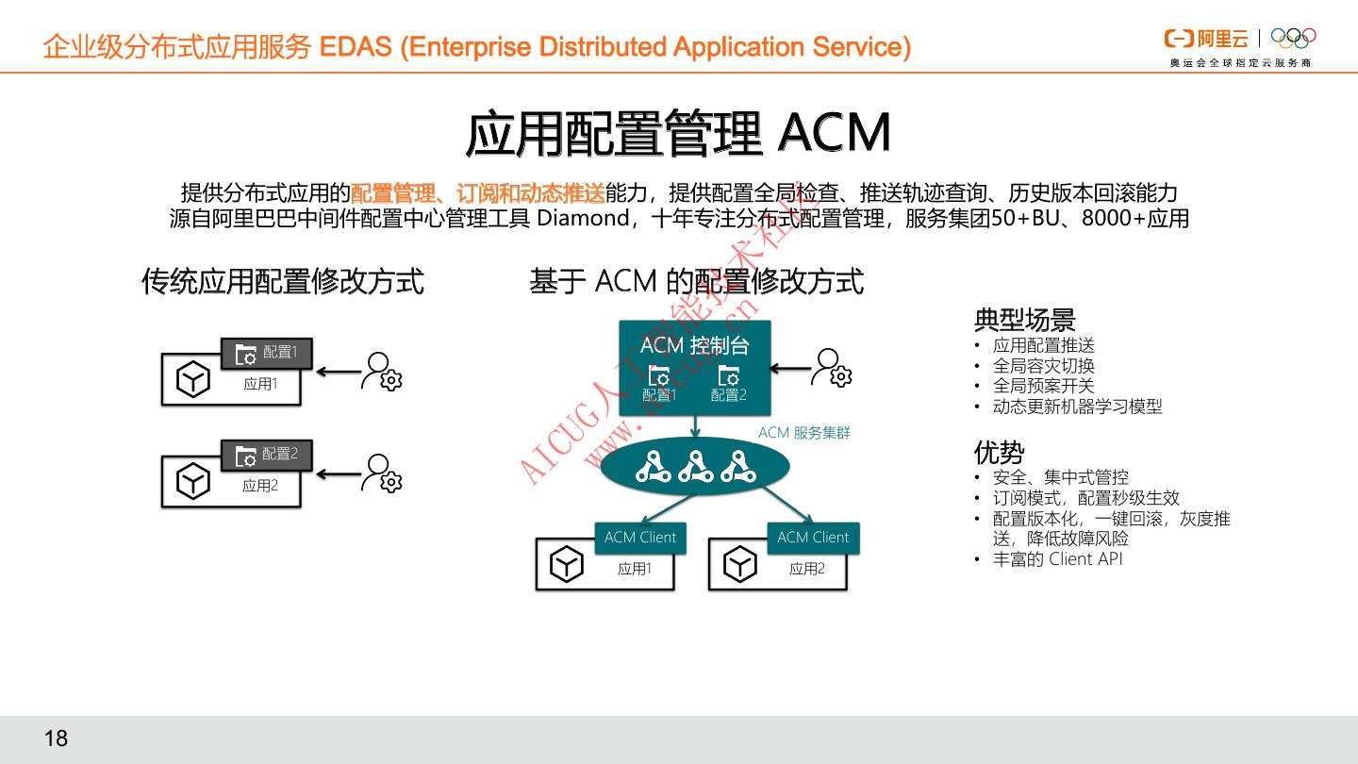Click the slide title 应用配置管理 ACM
pyautogui.click(x=678, y=134)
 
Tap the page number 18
pyautogui.click(x=57, y=738)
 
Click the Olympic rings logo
pyautogui.click(x=1293, y=38)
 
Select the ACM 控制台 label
pyautogui.click(x=694, y=345)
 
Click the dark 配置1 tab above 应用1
pyautogui.click(x=267, y=353)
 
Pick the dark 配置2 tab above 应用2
pyautogui.click(x=267, y=455)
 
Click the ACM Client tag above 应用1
pyautogui.click(x=640, y=538)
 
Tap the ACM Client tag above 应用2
pyautogui.click(x=813, y=538)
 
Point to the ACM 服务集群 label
pyautogui.click(x=804, y=433)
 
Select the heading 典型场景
pyautogui.click(x=1024, y=320)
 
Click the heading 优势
pyautogui.click(x=999, y=453)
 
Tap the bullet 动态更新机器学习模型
pyautogui.click(x=1077, y=407)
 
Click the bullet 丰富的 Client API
pyautogui.click(x=1057, y=559)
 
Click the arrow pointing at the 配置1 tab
pyautogui.click(x=338, y=372)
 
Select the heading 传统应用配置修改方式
pyautogui.click(x=283, y=281)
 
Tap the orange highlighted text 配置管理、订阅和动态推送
pyautogui.click(x=477, y=193)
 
